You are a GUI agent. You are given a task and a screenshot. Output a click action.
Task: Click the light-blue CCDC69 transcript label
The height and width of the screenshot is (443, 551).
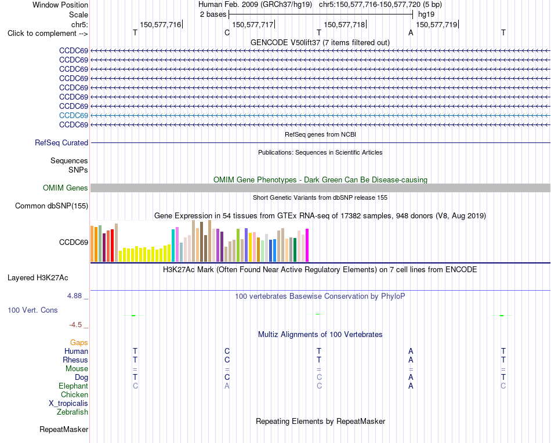pyautogui.click(x=74, y=115)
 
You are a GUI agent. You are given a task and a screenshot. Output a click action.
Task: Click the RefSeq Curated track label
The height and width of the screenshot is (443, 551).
pyautogui.click(x=61, y=143)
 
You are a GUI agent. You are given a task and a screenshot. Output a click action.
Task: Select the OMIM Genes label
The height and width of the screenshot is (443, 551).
pyautogui.click(x=66, y=188)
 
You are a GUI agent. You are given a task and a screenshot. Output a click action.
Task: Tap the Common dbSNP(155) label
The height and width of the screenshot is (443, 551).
pyautogui.click(x=52, y=206)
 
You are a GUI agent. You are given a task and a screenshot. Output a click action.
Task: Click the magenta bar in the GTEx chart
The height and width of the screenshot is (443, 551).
pyautogui.click(x=307, y=245)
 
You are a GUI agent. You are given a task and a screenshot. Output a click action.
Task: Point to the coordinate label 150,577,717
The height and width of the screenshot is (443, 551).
pyautogui.click(x=253, y=24)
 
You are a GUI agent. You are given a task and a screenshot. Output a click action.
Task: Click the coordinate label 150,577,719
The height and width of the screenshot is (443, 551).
pyautogui.click(x=437, y=24)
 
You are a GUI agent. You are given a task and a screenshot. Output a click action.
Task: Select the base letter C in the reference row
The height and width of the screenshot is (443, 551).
pyautogui.click(x=227, y=33)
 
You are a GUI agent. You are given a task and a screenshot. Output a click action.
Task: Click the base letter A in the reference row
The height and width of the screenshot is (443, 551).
pyautogui.click(x=411, y=33)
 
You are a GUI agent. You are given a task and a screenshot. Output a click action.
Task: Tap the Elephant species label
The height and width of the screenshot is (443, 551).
pyautogui.click(x=74, y=386)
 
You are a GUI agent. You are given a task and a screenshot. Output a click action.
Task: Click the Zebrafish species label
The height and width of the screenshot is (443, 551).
pyautogui.click(x=72, y=412)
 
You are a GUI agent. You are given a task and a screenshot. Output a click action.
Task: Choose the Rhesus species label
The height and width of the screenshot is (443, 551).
pyautogui.click(x=75, y=360)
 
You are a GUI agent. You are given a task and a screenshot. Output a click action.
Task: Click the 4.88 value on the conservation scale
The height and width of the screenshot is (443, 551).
pyautogui.click(x=74, y=296)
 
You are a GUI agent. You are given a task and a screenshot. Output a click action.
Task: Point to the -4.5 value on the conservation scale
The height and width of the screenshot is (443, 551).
pyautogui.click(x=75, y=325)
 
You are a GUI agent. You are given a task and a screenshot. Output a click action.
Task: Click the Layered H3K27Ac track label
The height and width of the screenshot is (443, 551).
pyautogui.click(x=38, y=278)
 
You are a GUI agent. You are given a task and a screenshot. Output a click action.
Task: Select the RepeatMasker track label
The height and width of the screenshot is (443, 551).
pyautogui.click(x=64, y=429)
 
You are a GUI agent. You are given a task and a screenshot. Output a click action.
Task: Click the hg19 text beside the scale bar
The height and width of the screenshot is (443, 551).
pyautogui.click(x=426, y=14)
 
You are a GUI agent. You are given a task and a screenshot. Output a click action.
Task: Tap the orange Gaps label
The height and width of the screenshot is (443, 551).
pyautogui.click(x=79, y=343)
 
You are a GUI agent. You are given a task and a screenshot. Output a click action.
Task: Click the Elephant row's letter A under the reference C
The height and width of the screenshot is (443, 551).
pyautogui.click(x=227, y=386)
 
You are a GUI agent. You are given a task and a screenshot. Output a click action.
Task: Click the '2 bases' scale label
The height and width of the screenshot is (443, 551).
pyautogui.click(x=213, y=14)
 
